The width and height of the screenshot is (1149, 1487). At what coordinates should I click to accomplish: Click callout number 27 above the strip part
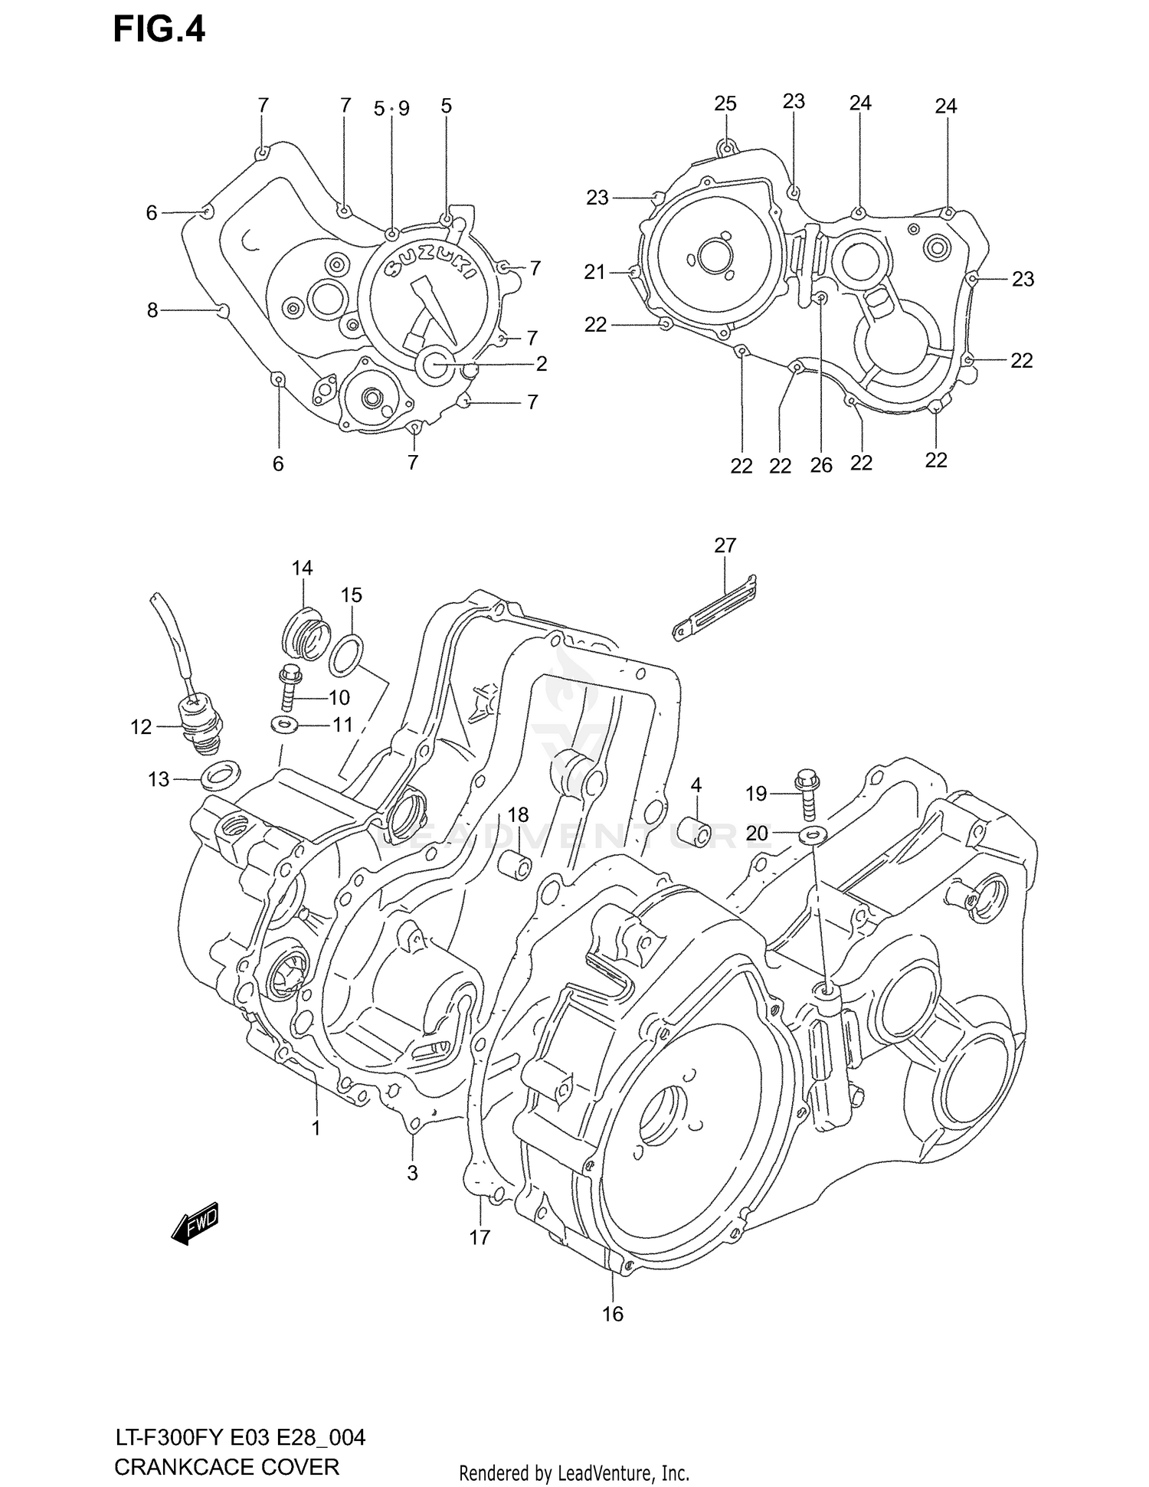(x=725, y=545)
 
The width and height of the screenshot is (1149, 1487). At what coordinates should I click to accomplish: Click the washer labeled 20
(x=812, y=834)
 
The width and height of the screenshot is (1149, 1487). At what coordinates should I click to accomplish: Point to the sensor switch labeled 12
(x=198, y=716)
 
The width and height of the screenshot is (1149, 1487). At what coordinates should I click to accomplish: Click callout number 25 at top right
(x=725, y=103)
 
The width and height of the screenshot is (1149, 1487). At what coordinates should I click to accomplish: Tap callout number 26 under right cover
(x=820, y=465)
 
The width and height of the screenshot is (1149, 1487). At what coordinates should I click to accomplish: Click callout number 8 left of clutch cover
(x=152, y=310)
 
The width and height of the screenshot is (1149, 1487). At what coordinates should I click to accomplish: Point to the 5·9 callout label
(x=391, y=109)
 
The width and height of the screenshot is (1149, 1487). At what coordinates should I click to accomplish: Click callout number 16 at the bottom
(x=612, y=1315)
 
